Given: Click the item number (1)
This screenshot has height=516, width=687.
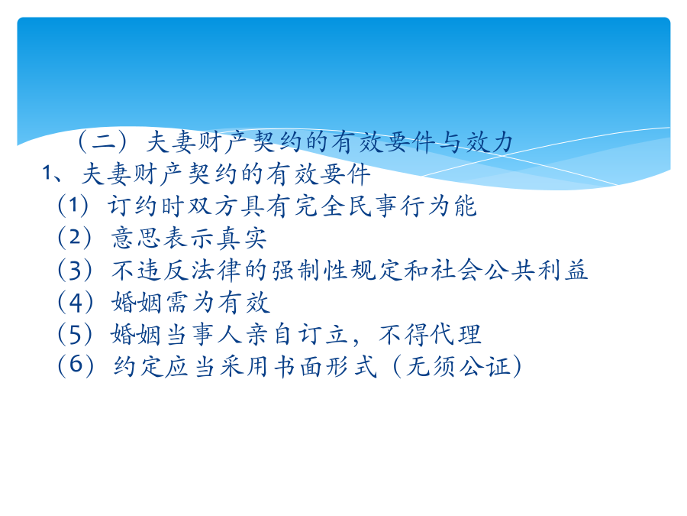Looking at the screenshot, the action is coord(73,206).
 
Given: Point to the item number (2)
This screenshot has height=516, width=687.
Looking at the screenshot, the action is coord(75,238).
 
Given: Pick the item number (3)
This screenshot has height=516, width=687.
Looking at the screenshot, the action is coord(75,271).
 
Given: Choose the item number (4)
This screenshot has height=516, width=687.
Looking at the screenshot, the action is coord(76,302).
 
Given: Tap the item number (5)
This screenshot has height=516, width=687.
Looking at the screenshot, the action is coord(75,334).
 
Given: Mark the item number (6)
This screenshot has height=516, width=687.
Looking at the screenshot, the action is coord(76,366).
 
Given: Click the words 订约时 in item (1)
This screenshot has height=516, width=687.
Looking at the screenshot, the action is coord(146,206).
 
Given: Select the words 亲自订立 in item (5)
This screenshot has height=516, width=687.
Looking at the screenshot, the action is coord(297,334).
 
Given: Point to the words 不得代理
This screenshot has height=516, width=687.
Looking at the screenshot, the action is coord(431,334).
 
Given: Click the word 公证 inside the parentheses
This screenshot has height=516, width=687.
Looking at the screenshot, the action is coord(485,367).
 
